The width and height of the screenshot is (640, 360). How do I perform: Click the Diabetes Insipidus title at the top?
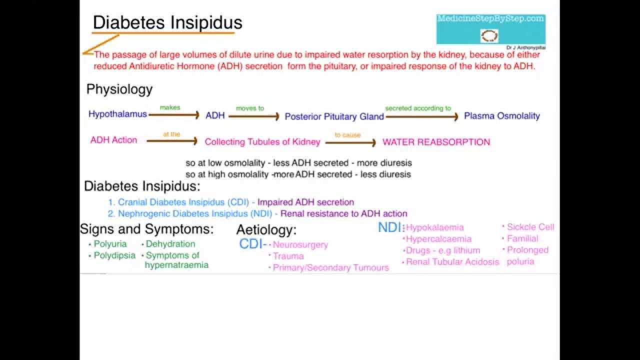pyautogui.click(x=167, y=22)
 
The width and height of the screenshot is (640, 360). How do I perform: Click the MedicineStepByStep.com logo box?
pyautogui.click(x=490, y=29)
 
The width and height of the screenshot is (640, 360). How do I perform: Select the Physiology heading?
pyautogui.click(x=119, y=89)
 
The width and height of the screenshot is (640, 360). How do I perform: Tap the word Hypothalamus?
pyautogui.click(x=117, y=114)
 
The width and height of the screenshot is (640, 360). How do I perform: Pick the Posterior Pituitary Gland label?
pyautogui.click(x=334, y=116)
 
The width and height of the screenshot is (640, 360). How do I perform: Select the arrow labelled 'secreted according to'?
pyautogui.click(x=421, y=116)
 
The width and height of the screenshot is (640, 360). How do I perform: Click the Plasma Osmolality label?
pyautogui.click(x=502, y=116)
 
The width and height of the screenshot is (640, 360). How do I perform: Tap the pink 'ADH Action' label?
pyautogui.click(x=113, y=140)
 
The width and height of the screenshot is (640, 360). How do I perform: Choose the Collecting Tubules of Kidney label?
pyautogui.click(x=262, y=142)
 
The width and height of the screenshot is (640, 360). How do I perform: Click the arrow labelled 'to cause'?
pyautogui.click(x=350, y=143)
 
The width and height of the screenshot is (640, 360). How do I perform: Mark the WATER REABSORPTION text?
pyautogui.click(x=436, y=142)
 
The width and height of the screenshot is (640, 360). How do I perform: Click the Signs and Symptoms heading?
pyautogui.click(x=146, y=229)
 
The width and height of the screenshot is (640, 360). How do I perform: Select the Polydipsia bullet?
pyautogui.click(x=114, y=255)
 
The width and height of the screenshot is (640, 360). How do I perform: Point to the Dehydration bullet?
pyautogui.click(x=170, y=244)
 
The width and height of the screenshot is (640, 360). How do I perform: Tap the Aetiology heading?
pyautogui.click(x=266, y=230)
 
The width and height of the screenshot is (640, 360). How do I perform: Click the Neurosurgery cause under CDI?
pyautogui.click(x=300, y=245)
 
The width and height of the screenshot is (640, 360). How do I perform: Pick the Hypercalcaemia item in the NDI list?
pyautogui.click(x=438, y=239)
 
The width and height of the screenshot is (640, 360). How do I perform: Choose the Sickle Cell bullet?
pyautogui.click(x=530, y=227)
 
